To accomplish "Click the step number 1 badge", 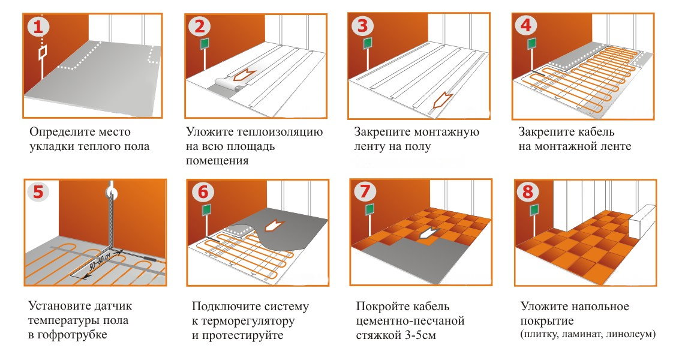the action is point(38,27).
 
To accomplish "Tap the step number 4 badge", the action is point(525,26).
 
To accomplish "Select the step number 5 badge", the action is point(38,191).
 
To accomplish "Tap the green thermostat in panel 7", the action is point(369,209).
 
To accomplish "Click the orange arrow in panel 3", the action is point(443,101).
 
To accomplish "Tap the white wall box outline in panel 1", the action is point(43,53).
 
